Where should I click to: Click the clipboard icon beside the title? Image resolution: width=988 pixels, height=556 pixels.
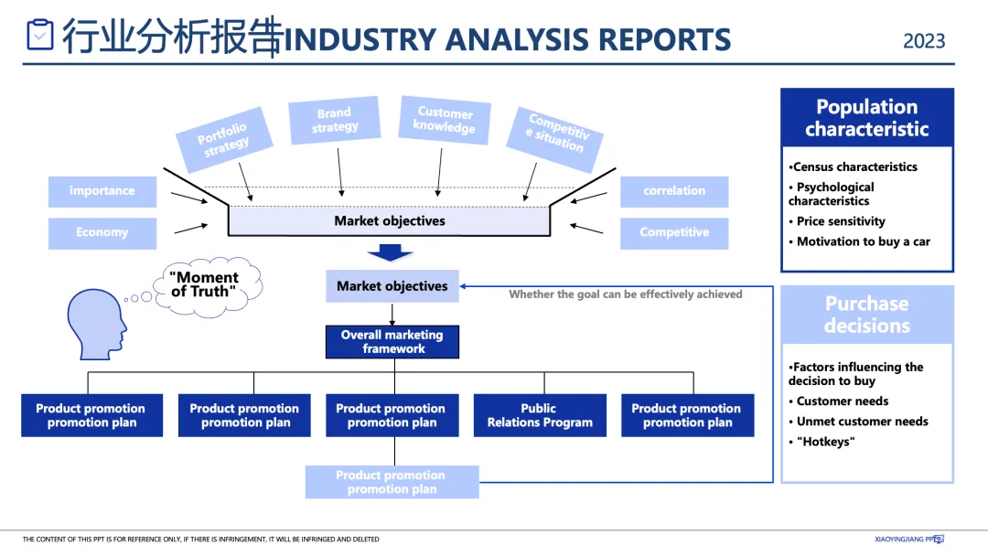[x=40, y=35]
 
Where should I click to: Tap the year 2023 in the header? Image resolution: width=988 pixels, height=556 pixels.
[x=924, y=41]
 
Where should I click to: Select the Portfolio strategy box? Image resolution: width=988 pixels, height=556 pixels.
[x=223, y=140]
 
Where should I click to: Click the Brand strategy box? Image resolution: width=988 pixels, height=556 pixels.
[x=335, y=121]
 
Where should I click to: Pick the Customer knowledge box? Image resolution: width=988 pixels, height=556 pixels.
[x=445, y=121]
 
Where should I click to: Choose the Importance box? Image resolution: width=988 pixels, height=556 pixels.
[x=102, y=191]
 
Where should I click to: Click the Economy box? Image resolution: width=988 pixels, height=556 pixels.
[x=102, y=233]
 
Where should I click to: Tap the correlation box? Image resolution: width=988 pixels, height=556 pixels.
[x=674, y=191]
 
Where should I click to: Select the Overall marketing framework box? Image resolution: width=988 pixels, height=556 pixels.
[x=392, y=342]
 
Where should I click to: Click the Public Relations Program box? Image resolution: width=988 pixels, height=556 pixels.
[x=540, y=415]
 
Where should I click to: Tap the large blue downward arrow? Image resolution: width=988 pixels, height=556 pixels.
[x=391, y=254]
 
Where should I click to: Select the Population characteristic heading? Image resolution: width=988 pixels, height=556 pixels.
[x=867, y=118]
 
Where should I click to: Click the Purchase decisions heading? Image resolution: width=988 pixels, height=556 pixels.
[x=867, y=315]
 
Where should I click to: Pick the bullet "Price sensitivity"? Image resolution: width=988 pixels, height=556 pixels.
[x=840, y=221]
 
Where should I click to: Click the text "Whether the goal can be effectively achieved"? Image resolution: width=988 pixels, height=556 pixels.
[x=626, y=294]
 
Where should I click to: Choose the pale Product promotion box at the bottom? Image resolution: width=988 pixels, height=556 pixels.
[x=392, y=482]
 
